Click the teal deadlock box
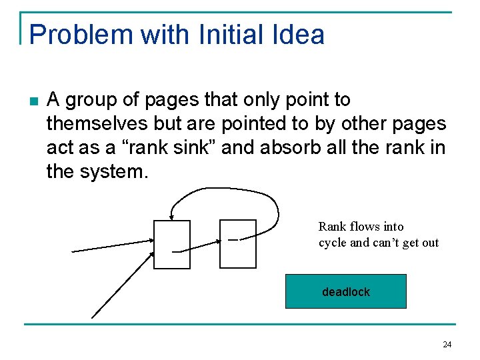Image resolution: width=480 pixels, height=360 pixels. coord(345,291)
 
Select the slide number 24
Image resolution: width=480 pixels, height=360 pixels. coord(447,345)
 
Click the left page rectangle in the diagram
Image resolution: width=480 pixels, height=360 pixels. coord(171,244)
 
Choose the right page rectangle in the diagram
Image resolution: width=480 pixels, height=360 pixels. coord(238,244)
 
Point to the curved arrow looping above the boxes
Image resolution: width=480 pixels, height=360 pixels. coord(227,191)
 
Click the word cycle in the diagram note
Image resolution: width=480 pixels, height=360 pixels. coord(333,243)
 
